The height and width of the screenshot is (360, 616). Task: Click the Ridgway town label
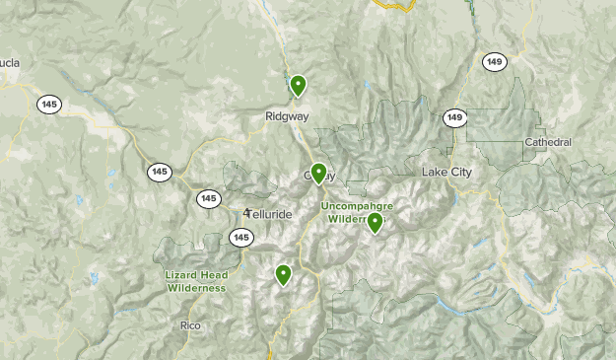click(287, 116)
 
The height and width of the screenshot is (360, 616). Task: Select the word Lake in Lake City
click(435, 173)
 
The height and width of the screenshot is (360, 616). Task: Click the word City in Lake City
click(462, 173)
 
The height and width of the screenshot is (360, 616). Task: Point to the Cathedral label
click(548, 142)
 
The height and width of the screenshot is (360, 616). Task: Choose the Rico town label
click(190, 324)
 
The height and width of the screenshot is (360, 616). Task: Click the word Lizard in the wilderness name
click(182, 275)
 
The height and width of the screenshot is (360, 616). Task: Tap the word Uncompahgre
click(356, 206)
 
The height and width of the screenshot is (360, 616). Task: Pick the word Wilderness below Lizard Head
click(195, 288)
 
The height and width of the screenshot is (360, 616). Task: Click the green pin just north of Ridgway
click(298, 86)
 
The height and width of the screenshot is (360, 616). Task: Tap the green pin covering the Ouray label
click(318, 174)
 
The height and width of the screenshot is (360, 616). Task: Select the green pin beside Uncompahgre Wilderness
click(376, 223)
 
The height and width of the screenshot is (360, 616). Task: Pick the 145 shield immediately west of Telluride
click(208, 198)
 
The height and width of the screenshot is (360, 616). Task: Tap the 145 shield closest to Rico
click(241, 238)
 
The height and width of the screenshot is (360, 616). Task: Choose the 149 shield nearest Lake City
click(453, 118)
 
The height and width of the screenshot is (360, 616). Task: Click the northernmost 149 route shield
click(494, 61)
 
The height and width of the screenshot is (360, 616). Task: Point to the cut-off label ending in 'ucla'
click(10, 64)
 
